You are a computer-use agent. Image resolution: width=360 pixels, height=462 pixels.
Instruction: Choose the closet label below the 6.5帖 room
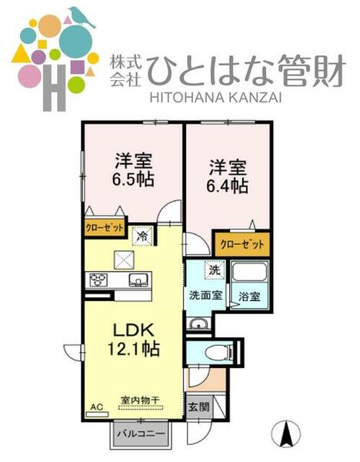point(104,228)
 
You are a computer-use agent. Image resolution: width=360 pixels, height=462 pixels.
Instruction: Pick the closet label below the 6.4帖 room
point(242,244)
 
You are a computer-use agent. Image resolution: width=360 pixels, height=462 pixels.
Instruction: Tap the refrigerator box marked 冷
point(142,236)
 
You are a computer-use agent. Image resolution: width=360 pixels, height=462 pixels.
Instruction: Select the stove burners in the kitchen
point(98,279)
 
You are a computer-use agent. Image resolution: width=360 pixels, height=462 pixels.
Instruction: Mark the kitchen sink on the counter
point(138,279)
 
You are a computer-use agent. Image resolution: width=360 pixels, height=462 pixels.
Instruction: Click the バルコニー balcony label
point(140,434)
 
